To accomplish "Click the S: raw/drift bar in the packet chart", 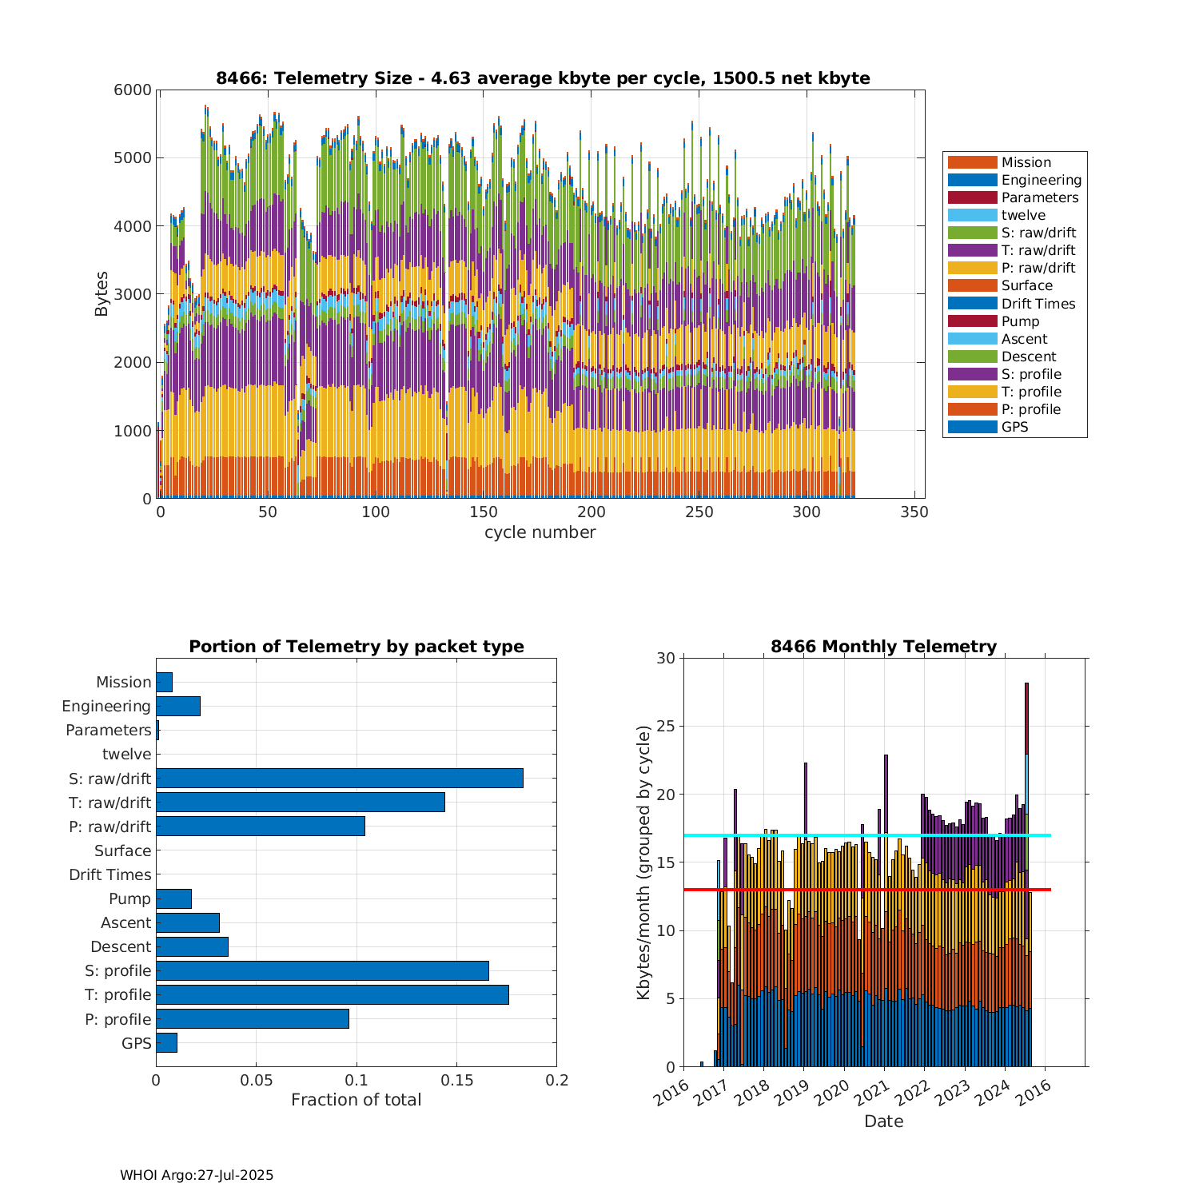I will point(340,778).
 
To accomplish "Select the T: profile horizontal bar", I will point(333,994).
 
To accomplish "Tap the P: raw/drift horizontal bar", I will point(261,826).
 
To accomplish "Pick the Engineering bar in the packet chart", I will point(178,706).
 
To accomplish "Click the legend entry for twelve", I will point(1023,215).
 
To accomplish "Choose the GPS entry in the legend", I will point(1014,427).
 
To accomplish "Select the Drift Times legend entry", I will point(1038,304).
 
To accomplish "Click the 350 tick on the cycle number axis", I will point(914,512).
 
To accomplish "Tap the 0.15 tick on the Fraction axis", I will point(456,1081).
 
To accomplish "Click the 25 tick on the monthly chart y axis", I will point(666,727).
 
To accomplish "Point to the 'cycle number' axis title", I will point(540,532).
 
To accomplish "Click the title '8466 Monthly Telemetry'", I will point(883,647).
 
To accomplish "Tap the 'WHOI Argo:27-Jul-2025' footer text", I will point(197,1175).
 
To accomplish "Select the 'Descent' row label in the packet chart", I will point(121,946).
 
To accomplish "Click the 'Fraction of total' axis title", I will point(356,1100).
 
